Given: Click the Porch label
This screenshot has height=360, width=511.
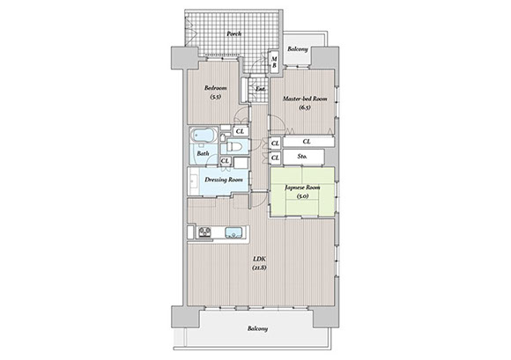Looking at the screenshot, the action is click(x=234, y=33).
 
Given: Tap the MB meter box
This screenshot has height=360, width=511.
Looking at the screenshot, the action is click(x=274, y=62).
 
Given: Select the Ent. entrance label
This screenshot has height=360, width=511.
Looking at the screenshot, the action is click(x=260, y=89).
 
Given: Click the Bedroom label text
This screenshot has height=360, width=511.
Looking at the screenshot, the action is click(x=216, y=88).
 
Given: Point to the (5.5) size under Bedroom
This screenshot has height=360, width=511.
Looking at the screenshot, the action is click(x=216, y=96).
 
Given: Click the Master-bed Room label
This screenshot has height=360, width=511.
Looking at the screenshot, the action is click(x=305, y=99).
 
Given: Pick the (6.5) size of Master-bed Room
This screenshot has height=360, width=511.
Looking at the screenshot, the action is click(x=305, y=107).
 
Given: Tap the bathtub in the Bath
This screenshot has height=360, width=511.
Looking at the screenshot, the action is click(x=204, y=135).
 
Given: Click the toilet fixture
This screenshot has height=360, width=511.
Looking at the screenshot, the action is click(x=234, y=146).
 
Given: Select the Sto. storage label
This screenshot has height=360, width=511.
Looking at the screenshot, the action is click(x=302, y=157).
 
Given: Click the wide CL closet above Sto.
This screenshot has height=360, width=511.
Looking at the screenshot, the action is click(x=308, y=142).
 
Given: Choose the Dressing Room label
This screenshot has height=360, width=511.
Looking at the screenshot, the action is click(x=224, y=180).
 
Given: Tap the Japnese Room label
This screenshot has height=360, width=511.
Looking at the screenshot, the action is click(x=302, y=187).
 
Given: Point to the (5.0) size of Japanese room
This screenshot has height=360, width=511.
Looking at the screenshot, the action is click(x=302, y=196).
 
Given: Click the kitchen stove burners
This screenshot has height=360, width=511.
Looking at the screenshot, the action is click(x=204, y=232).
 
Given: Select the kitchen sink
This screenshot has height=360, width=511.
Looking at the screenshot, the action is click(x=233, y=232).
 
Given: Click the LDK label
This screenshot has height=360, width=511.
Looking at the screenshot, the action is click(x=260, y=259).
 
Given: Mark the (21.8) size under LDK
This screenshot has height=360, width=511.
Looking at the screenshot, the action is click(x=259, y=268).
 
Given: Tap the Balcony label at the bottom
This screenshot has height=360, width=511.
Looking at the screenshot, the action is click(x=257, y=328).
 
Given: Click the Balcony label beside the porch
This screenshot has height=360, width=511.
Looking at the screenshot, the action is click(x=298, y=49).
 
